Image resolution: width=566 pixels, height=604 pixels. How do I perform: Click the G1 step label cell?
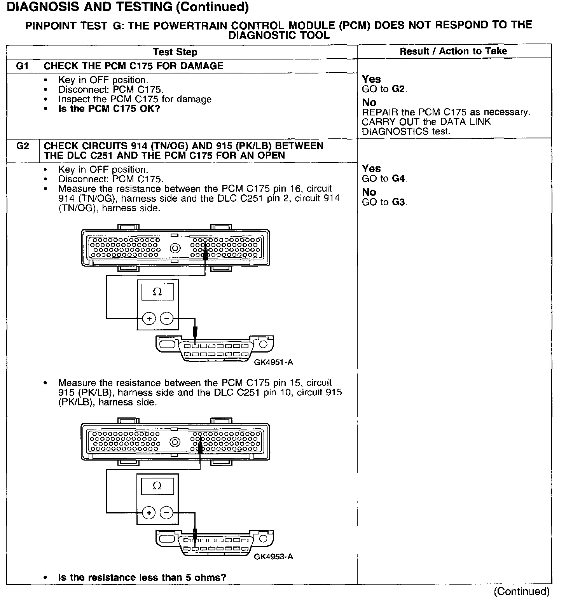(23, 66)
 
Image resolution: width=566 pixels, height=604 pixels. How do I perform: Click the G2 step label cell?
(23, 146)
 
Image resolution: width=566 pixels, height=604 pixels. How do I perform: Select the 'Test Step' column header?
(175, 52)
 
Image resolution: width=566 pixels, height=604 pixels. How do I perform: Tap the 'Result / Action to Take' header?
(453, 51)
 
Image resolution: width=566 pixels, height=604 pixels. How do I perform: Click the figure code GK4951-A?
(273, 362)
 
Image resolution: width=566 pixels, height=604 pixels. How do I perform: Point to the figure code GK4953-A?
(273, 557)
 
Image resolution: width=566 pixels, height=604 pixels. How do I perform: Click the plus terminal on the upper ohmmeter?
(149, 319)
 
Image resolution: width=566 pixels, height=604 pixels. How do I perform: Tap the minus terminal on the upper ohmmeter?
(167, 319)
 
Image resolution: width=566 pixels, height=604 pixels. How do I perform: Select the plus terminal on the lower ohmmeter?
(149, 513)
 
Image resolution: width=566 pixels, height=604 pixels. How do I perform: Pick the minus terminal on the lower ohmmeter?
(167, 513)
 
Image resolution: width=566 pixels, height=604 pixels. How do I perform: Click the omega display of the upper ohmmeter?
(157, 292)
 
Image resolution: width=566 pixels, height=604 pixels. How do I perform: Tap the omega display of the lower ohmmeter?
(157, 486)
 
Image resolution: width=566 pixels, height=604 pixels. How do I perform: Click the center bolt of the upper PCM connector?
(175, 248)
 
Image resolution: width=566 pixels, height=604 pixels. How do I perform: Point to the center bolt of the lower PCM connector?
(175, 442)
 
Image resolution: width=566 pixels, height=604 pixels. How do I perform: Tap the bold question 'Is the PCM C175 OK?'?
(109, 109)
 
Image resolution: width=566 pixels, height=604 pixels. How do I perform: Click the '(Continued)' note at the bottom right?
(521, 592)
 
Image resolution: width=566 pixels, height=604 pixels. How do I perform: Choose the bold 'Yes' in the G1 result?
(371, 79)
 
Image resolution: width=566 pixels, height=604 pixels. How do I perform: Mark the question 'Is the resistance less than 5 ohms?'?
(142, 578)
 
